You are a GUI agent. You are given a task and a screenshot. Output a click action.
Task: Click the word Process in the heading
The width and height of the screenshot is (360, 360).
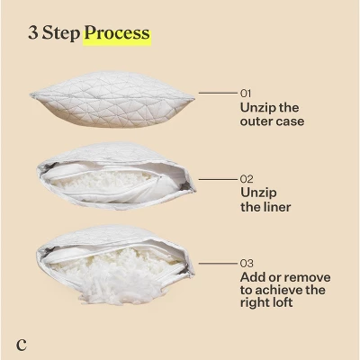point(117,33)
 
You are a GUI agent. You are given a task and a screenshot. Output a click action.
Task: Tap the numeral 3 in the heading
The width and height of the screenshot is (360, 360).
point(33,32)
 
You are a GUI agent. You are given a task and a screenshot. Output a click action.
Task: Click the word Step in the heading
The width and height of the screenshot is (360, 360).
point(61,33)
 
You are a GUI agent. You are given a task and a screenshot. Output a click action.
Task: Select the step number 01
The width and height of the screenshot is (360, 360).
point(246,94)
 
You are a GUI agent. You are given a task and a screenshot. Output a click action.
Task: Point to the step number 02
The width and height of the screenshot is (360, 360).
point(247,179)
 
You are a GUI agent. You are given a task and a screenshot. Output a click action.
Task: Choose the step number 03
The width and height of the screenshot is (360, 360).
point(247,264)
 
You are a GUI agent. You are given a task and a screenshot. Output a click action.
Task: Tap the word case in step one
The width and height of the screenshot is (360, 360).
point(291,121)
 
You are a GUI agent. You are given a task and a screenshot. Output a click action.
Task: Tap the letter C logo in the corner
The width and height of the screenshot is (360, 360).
point(22,345)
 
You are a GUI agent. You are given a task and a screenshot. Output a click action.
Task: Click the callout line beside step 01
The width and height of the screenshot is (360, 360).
point(218,94)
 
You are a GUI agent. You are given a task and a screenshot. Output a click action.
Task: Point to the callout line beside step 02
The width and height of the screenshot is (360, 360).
point(218,180)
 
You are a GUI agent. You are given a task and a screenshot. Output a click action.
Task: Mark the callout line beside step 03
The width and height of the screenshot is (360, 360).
point(218,264)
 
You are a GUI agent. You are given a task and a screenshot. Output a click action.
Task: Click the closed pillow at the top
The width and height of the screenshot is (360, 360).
point(112,100)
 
